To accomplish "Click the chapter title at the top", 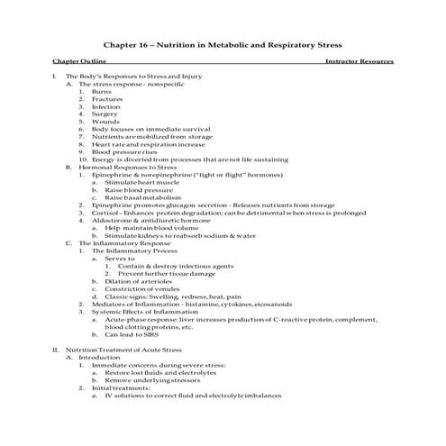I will (x=223, y=43).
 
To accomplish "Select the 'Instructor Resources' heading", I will (x=359, y=62).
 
